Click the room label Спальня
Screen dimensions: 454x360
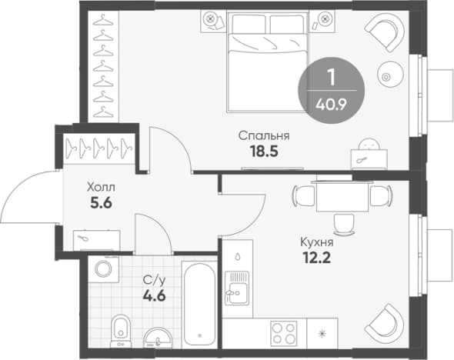click(264, 136)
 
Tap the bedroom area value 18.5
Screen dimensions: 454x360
click(265, 152)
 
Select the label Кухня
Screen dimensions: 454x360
click(317, 242)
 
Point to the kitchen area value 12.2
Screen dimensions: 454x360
click(317, 258)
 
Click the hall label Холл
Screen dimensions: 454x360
click(101, 187)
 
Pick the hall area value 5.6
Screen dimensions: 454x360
click(101, 203)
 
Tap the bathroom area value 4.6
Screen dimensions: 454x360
click(155, 295)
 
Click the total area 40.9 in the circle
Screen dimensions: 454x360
click(331, 105)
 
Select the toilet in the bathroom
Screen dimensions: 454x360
click(121, 331)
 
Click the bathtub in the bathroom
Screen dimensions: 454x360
click(199, 304)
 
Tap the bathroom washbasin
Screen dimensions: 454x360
click(158, 338)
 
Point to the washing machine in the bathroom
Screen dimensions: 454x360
click(103, 269)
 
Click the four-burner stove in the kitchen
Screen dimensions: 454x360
click(284, 333)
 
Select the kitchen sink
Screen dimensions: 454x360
click(237, 288)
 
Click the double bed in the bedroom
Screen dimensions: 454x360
click(268, 62)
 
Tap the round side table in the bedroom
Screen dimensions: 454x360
click(390, 75)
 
